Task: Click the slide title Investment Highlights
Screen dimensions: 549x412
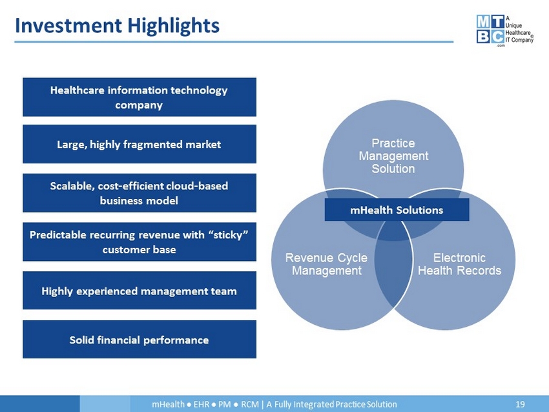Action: [x=118, y=26]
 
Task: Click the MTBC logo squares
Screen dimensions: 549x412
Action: [x=490, y=30]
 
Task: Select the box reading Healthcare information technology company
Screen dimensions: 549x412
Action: [x=140, y=97]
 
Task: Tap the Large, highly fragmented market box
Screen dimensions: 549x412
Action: [x=140, y=144]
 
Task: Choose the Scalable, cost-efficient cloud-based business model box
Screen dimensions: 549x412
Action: [x=140, y=193]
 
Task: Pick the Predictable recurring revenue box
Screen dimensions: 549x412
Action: [x=140, y=242]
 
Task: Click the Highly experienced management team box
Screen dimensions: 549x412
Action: [x=140, y=290]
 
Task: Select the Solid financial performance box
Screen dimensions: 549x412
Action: [x=140, y=339]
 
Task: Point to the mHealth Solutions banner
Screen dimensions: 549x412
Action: [x=397, y=210]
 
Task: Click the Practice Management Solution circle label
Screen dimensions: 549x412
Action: [x=393, y=156]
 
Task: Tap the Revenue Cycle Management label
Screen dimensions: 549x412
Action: [x=326, y=264]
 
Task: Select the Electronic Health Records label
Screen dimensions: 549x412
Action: [x=459, y=264]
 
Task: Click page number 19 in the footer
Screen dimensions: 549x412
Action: [x=520, y=404]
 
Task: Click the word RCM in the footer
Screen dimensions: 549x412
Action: [x=250, y=404]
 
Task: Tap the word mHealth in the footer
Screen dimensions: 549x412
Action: [x=168, y=404]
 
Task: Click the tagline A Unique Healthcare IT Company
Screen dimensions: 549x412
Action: [x=519, y=29]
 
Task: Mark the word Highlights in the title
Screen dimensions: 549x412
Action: [x=173, y=26]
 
